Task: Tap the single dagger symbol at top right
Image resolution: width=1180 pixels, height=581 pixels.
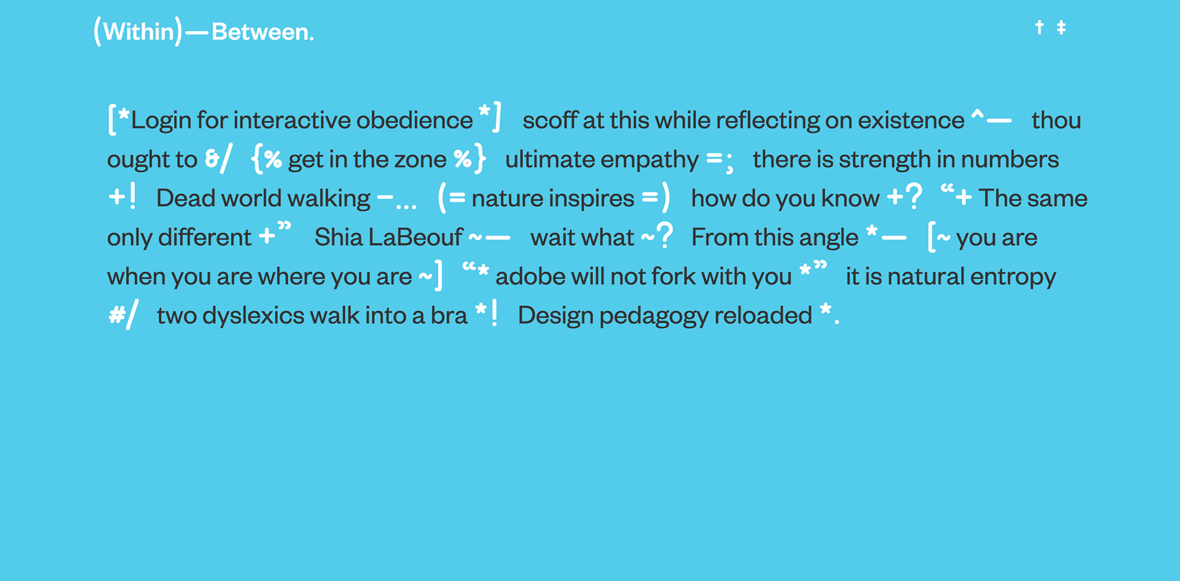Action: coord(1039,27)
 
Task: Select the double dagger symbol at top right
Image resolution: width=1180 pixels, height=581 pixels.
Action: coord(1061,27)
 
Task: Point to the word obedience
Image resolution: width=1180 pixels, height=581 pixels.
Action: coord(414,121)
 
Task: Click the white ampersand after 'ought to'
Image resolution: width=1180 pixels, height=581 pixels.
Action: coord(213,159)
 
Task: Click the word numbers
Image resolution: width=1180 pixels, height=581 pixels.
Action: coord(1010,159)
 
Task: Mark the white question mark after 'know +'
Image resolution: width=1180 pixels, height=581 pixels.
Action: coord(914,197)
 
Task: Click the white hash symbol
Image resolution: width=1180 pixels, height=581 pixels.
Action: coord(116,315)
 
